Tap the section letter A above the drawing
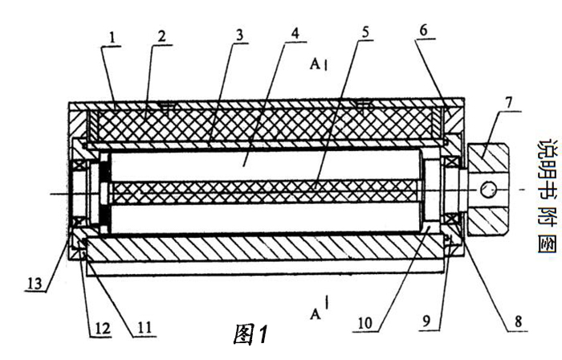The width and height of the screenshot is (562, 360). pos(316,65)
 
